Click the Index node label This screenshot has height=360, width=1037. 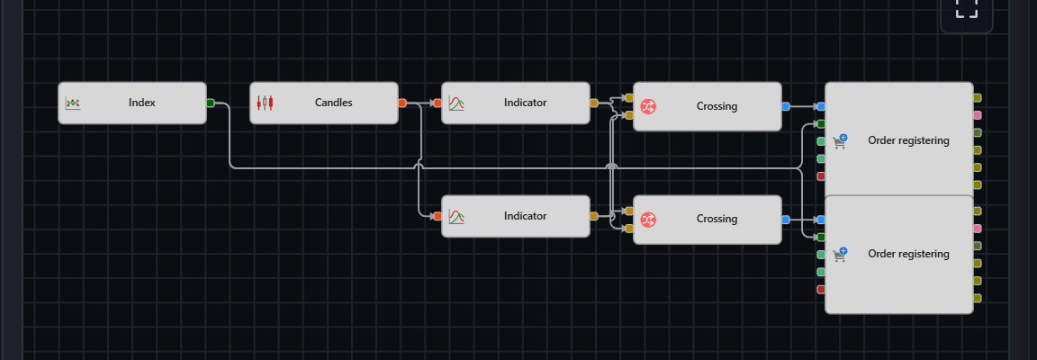tap(142, 103)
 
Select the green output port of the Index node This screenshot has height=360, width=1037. tap(211, 103)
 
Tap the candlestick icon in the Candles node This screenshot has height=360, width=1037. tap(265, 103)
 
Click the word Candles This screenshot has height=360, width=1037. tap(333, 103)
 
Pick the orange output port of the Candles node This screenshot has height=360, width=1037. tap(402, 103)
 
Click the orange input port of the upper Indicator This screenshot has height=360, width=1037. tap(437, 103)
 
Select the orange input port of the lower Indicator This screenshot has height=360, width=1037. tap(437, 216)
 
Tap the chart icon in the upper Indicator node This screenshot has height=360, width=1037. tap(456, 103)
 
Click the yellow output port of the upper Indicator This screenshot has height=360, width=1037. tap(594, 103)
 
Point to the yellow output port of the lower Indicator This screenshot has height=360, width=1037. tap(594, 216)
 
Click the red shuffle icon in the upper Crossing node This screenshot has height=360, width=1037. tap(648, 106)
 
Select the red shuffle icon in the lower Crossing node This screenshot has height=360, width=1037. tap(648, 220)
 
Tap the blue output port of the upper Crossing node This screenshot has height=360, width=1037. tap(786, 106)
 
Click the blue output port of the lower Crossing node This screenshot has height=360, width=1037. tap(786, 220)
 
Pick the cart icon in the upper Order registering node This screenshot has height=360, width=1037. tap(840, 141)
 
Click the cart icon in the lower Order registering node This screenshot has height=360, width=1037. tap(840, 254)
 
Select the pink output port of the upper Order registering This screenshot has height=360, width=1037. tap(978, 115)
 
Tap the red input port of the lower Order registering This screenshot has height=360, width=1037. tap(821, 289)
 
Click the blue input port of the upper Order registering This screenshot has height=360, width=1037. tap(821, 106)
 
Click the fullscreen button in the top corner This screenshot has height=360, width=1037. tap(966, 9)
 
